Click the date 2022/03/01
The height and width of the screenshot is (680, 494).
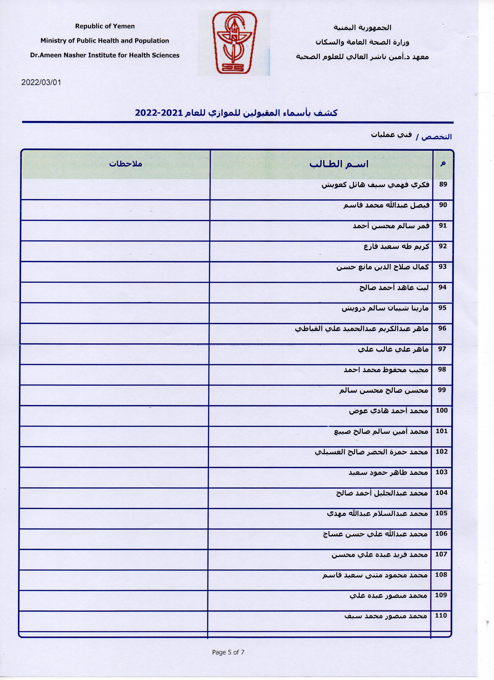(x=41, y=82)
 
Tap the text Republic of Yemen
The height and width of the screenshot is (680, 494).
(x=105, y=26)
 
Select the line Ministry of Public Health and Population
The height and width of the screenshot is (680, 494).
(x=105, y=41)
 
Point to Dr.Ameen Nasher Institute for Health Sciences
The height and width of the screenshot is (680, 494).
(x=105, y=55)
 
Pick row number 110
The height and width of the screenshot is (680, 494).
(x=441, y=615)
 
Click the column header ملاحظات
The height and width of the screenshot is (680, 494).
(x=126, y=164)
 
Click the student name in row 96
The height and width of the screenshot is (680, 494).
(x=362, y=329)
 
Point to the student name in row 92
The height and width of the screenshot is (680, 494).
(x=396, y=246)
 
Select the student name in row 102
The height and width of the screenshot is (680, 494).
(x=371, y=452)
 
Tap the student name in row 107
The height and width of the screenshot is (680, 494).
(x=380, y=555)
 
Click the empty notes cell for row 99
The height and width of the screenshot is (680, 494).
(x=115, y=395)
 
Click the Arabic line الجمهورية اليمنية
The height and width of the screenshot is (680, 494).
(x=362, y=28)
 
